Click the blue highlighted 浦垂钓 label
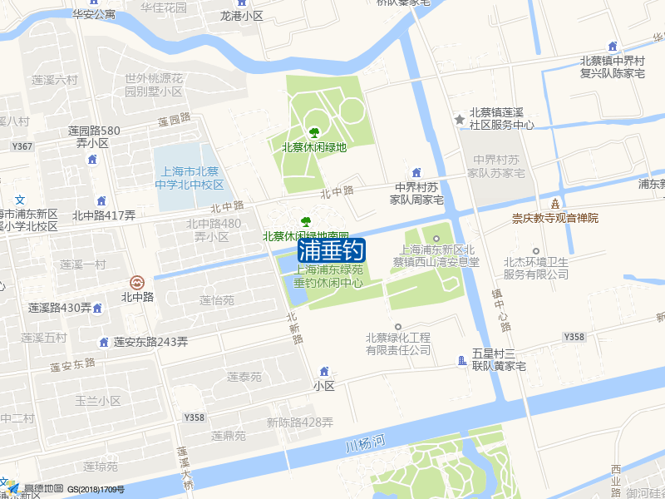(x=331, y=249)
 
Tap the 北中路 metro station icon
(x=137, y=282)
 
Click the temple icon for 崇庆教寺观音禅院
(x=554, y=203)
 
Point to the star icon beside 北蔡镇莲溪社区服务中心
(x=459, y=119)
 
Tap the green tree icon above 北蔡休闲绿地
(x=314, y=131)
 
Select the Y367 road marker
(x=22, y=146)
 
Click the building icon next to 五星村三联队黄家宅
(x=462, y=360)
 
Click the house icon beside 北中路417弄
(x=101, y=200)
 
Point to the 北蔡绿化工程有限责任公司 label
(x=398, y=343)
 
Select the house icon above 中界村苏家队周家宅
(x=416, y=171)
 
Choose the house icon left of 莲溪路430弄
(x=98, y=308)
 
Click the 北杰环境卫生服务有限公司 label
(x=535, y=268)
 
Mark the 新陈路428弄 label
(x=299, y=422)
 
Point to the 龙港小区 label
(x=241, y=15)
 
